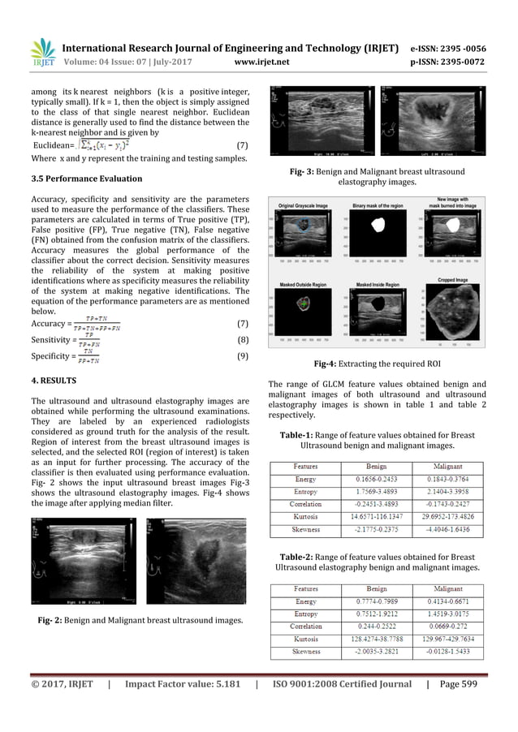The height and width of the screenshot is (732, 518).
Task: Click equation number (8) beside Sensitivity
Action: [242, 340]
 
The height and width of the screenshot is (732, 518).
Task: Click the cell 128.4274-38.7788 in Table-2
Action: [378, 639]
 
